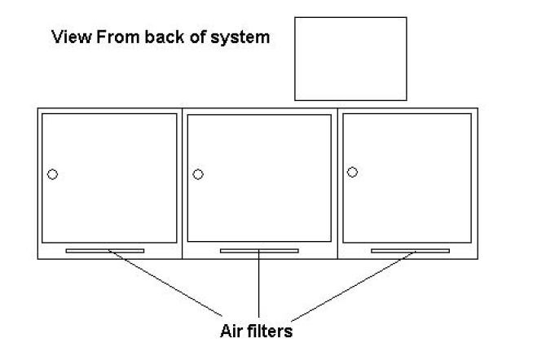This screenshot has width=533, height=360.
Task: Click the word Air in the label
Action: point(231,331)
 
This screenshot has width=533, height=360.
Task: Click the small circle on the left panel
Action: point(52,174)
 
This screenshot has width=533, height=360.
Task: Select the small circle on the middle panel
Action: point(197,174)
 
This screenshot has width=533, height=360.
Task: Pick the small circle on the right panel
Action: point(352,172)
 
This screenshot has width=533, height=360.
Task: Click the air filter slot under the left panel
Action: point(105,251)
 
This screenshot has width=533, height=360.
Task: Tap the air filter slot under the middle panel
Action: point(258,251)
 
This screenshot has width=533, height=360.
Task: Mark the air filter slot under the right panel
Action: point(410,251)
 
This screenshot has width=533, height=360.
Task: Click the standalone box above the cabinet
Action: point(350,58)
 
